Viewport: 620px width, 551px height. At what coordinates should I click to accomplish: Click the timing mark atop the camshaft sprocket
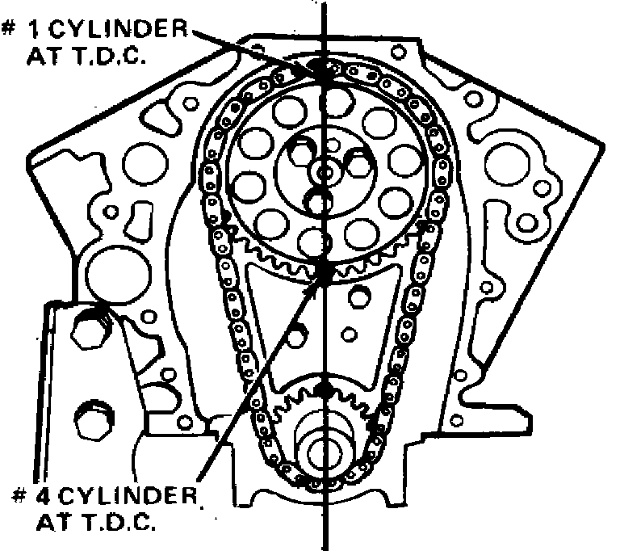[325, 71]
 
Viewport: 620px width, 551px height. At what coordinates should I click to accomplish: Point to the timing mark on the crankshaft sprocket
[324, 389]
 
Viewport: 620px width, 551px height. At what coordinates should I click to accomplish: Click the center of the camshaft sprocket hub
[324, 171]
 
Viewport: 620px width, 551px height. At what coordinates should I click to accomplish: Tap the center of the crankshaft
[324, 452]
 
